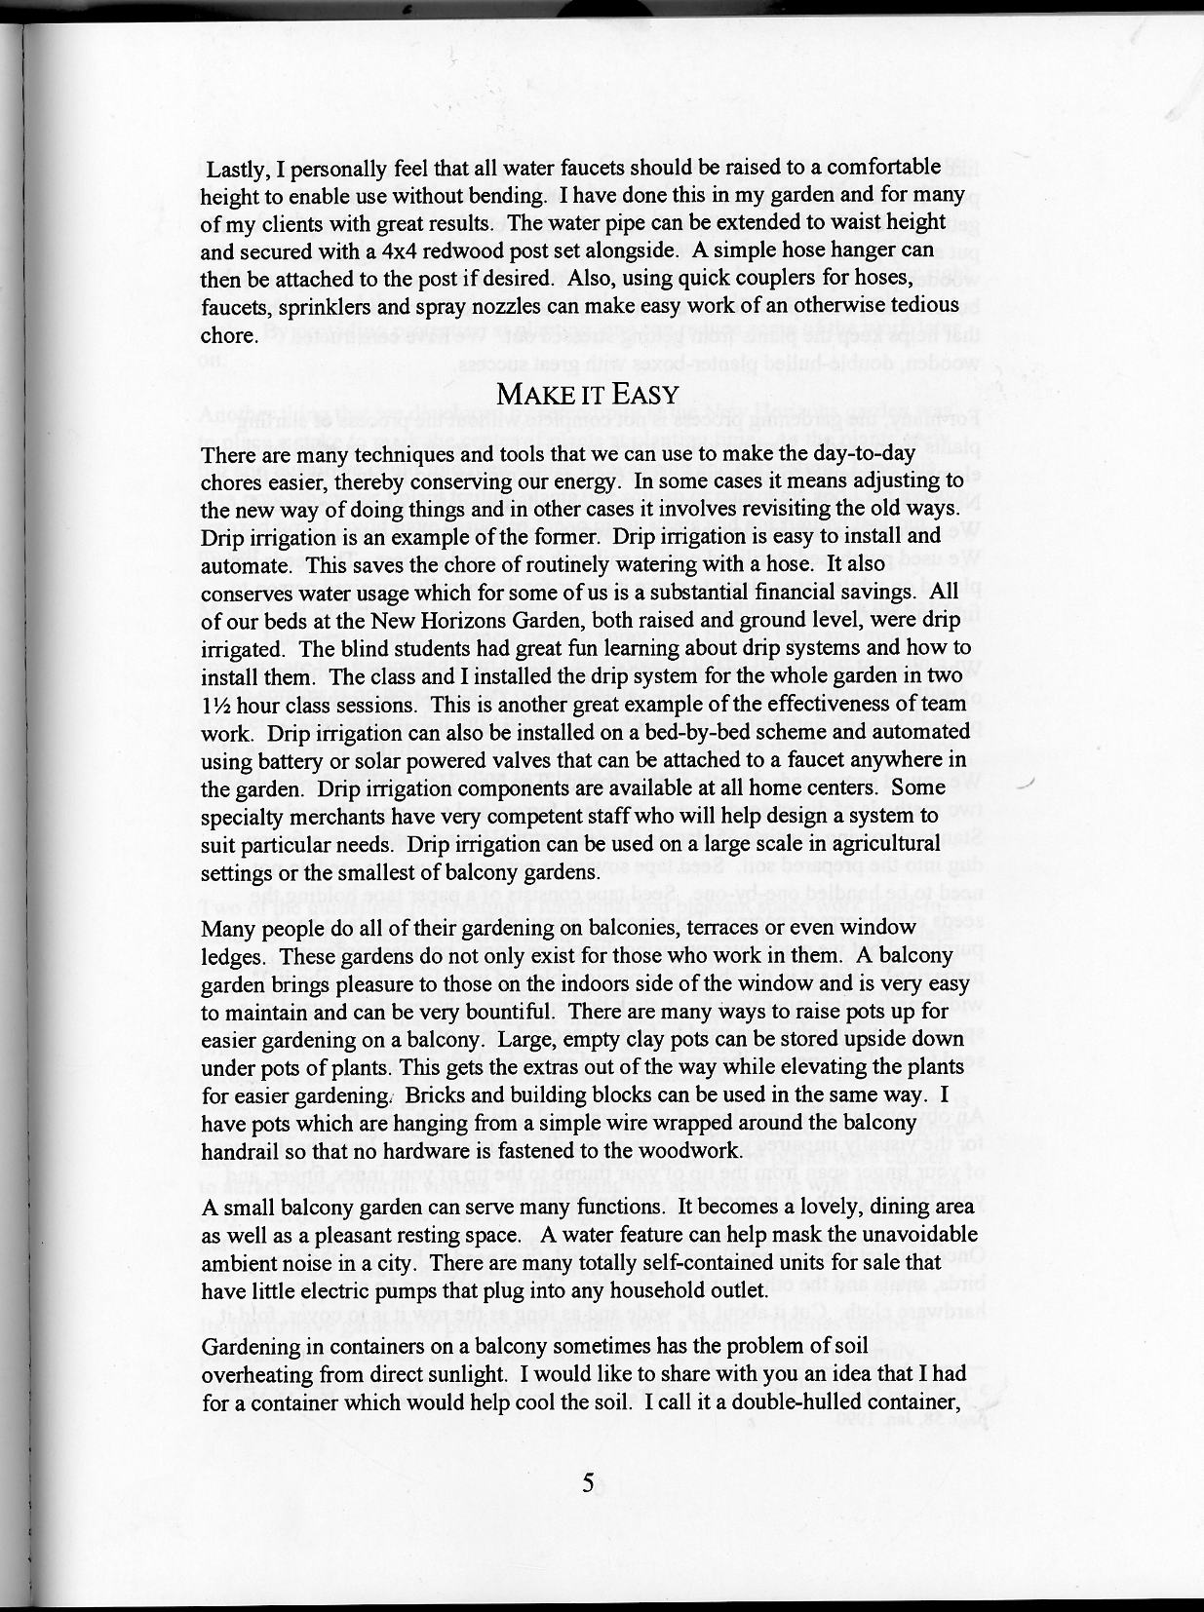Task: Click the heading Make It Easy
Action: coord(587,395)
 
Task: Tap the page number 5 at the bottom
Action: coord(588,1484)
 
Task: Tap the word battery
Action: coord(282,759)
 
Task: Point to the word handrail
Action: coord(240,1151)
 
